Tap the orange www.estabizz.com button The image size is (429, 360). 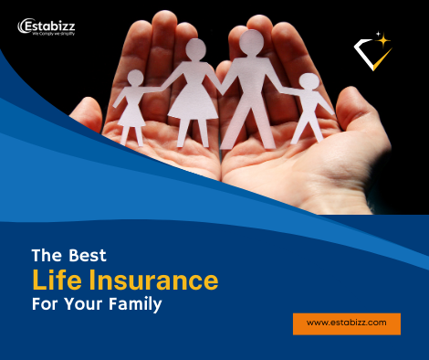point(347,323)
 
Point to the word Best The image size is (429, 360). point(85,255)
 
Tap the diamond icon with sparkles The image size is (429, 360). point(374,53)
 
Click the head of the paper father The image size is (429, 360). point(251,43)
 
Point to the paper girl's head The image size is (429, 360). point(135,78)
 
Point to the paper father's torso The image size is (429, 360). point(251,87)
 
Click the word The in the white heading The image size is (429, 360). point(46,255)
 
